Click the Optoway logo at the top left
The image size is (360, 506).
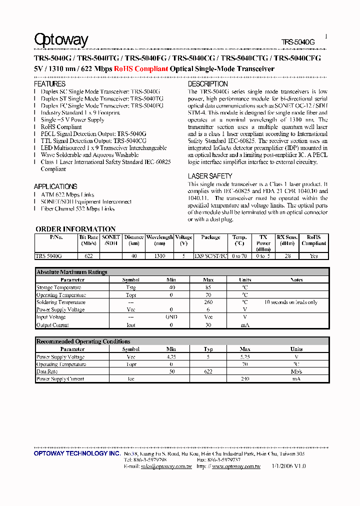tap(61, 40)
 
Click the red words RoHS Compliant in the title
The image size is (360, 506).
tap(140, 69)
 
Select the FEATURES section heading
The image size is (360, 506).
tap(49, 84)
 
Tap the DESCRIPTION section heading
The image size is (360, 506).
tap(207, 84)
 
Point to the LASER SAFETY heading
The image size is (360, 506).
tap(210, 176)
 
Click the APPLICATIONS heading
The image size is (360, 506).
tap(55, 186)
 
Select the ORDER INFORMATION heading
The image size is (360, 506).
tap(75, 229)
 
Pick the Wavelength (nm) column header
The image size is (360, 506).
tap(159, 240)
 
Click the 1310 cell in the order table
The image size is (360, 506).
tap(159, 255)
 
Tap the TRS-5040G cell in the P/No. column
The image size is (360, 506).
tap(49, 255)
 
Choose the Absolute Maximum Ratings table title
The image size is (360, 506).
tap(71, 272)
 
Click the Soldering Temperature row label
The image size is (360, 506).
tap(60, 302)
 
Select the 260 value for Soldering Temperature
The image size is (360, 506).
tap(208, 302)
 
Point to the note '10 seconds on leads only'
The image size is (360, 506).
tap(290, 302)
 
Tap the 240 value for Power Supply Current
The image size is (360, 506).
tap(245, 379)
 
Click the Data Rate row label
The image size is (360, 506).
tap(47, 371)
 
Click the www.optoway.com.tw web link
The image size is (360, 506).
tap(236, 466)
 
